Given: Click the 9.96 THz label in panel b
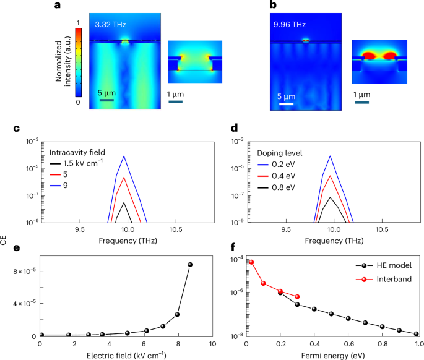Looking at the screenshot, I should point(291,25).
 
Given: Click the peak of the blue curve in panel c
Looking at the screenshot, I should point(125,156).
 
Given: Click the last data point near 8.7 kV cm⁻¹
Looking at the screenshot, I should point(190,264).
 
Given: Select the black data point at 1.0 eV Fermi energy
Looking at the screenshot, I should point(417,334).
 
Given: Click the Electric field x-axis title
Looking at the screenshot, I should point(126,354).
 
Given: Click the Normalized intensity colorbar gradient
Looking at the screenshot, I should point(78,61).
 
